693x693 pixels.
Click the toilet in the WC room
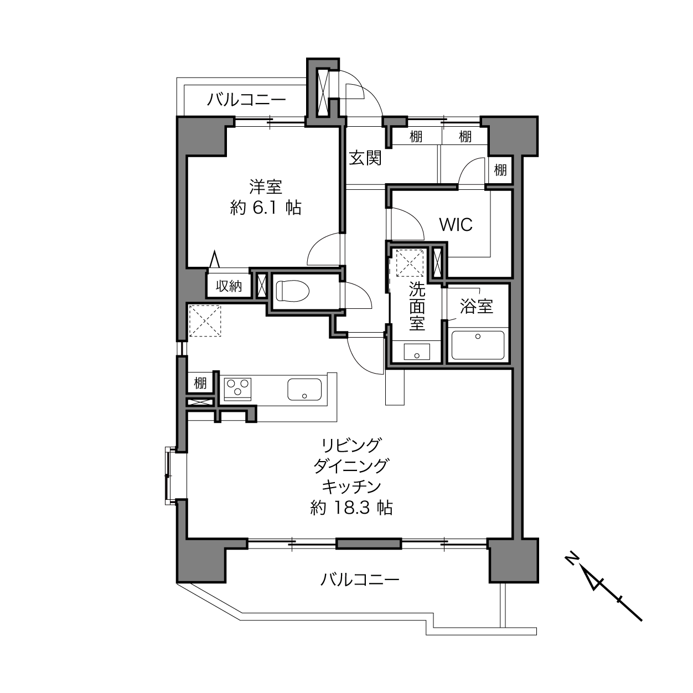pos(292,291)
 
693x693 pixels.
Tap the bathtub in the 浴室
pos(478,345)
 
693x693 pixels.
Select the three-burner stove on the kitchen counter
pos(237,389)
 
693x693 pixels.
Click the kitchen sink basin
pos(304,390)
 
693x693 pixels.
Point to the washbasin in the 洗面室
pos(417,351)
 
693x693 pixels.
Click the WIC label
pos(456,225)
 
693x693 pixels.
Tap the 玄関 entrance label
pos(365,158)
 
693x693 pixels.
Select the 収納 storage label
pos(229,286)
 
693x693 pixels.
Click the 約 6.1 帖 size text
pos(266,208)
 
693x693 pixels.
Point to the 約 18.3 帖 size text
pos(351,508)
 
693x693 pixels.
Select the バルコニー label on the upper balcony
pos(247,99)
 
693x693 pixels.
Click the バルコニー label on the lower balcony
pos(360,580)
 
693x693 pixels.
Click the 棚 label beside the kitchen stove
pos(200,382)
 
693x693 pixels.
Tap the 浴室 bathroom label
pos(477,307)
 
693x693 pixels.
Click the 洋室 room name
pos(266,187)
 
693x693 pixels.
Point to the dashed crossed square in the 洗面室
pos(410,263)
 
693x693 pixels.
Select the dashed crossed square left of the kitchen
pos(205,321)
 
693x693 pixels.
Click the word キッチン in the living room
pos(351,487)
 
